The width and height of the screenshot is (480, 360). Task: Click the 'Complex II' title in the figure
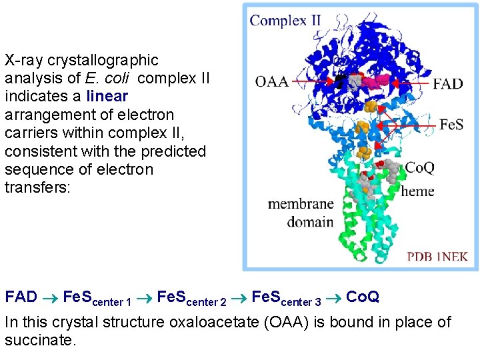285,20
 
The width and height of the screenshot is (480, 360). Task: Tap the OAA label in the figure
271,82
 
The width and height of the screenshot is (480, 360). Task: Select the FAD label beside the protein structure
447,84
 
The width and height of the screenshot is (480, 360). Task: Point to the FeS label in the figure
451,125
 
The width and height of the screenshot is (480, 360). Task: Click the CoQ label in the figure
421,167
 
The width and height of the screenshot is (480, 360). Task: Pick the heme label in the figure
417,191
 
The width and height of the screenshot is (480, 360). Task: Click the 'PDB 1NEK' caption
438,255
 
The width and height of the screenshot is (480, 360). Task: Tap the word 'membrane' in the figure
301,204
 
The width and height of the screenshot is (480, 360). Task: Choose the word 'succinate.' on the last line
41,341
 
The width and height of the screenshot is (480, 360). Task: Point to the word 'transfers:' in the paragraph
37,187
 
